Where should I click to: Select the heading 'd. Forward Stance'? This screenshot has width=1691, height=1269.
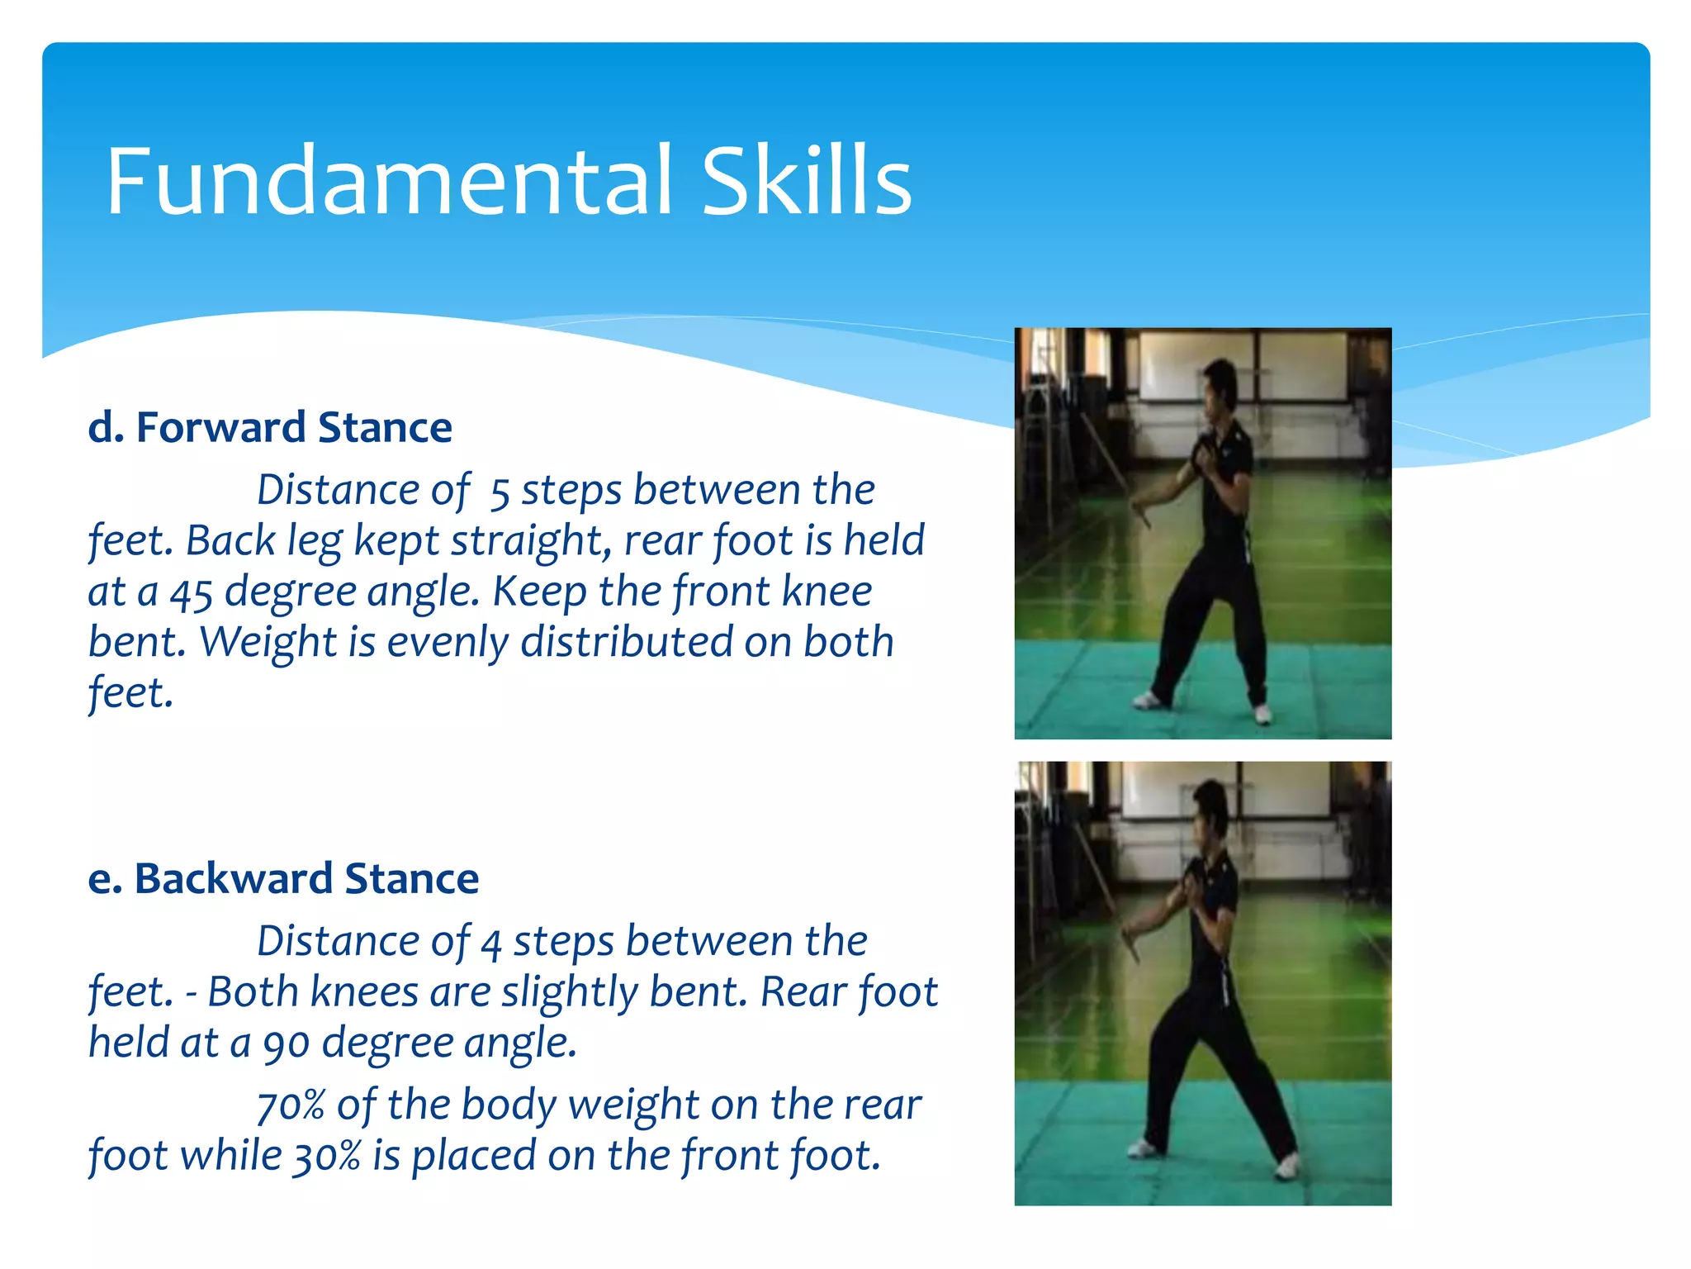click(x=270, y=427)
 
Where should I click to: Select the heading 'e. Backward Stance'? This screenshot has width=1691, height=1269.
click(x=283, y=878)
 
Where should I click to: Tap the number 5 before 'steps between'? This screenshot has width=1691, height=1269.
click(x=500, y=492)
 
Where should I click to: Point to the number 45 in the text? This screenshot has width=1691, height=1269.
click(x=192, y=593)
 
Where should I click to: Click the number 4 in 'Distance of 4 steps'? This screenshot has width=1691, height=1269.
click(x=491, y=943)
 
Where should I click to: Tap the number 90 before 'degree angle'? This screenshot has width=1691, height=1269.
click(x=286, y=1044)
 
